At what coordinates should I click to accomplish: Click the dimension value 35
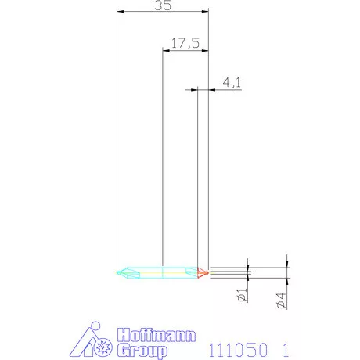click(x=163, y=6)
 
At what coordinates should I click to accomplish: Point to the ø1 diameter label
click(x=242, y=297)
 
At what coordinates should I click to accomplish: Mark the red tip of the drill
click(x=202, y=272)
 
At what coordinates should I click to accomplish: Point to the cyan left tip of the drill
click(x=122, y=272)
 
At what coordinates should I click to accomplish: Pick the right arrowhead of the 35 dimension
click(x=207, y=11)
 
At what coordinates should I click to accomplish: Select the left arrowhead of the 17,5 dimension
click(x=164, y=49)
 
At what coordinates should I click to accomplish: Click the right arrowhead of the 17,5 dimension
click(x=207, y=49)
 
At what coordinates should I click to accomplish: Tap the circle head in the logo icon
click(x=95, y=326)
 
